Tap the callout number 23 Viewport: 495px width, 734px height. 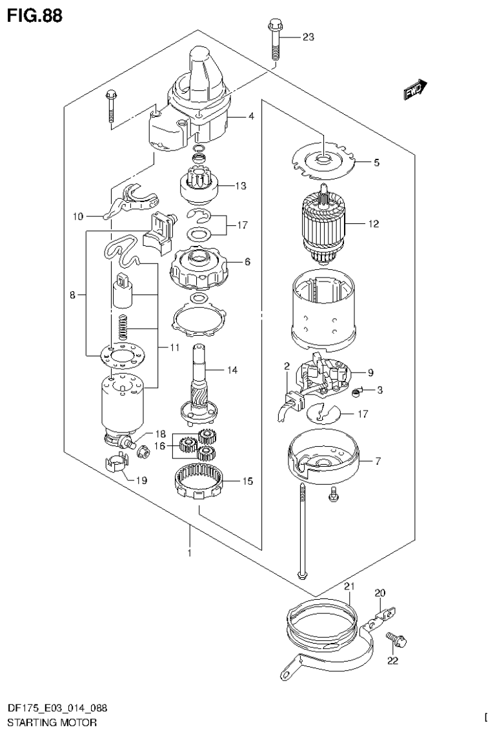(308, 37)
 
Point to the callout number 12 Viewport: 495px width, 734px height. (373, 225)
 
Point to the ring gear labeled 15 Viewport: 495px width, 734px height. (199, 482)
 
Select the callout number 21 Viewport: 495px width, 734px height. (349, 586)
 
